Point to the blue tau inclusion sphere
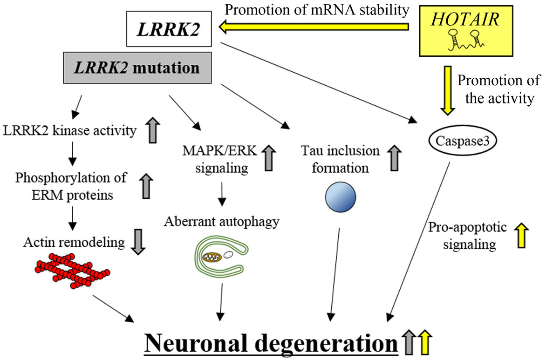coord(339,196)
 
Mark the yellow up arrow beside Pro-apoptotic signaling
coord(520,236)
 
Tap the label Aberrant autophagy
coord(222,221)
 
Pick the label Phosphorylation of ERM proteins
coord(64,187)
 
